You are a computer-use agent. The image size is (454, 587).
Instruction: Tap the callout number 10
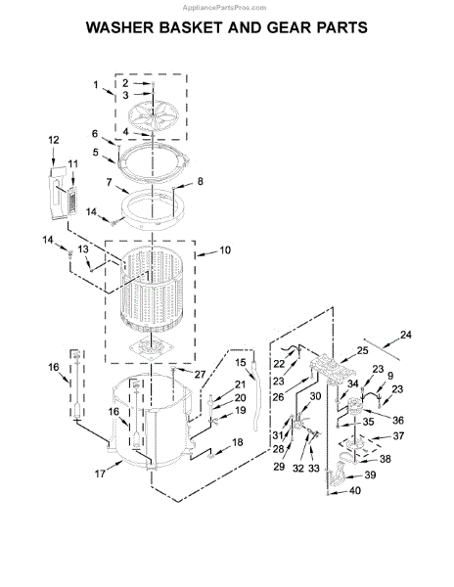[x=225, y=250]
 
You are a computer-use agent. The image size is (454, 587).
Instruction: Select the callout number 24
[x=406, y=335]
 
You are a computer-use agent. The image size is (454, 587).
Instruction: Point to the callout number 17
[x=100, y=474]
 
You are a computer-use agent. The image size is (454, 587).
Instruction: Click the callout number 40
[x=355, y=490]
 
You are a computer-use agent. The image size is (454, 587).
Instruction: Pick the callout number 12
[x=54, y=140]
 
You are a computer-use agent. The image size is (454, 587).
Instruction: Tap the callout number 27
[x=201, y=374]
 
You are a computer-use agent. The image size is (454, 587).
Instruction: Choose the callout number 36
[x=398, y=420]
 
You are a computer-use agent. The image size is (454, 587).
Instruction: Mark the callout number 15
[x=241, y=362]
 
